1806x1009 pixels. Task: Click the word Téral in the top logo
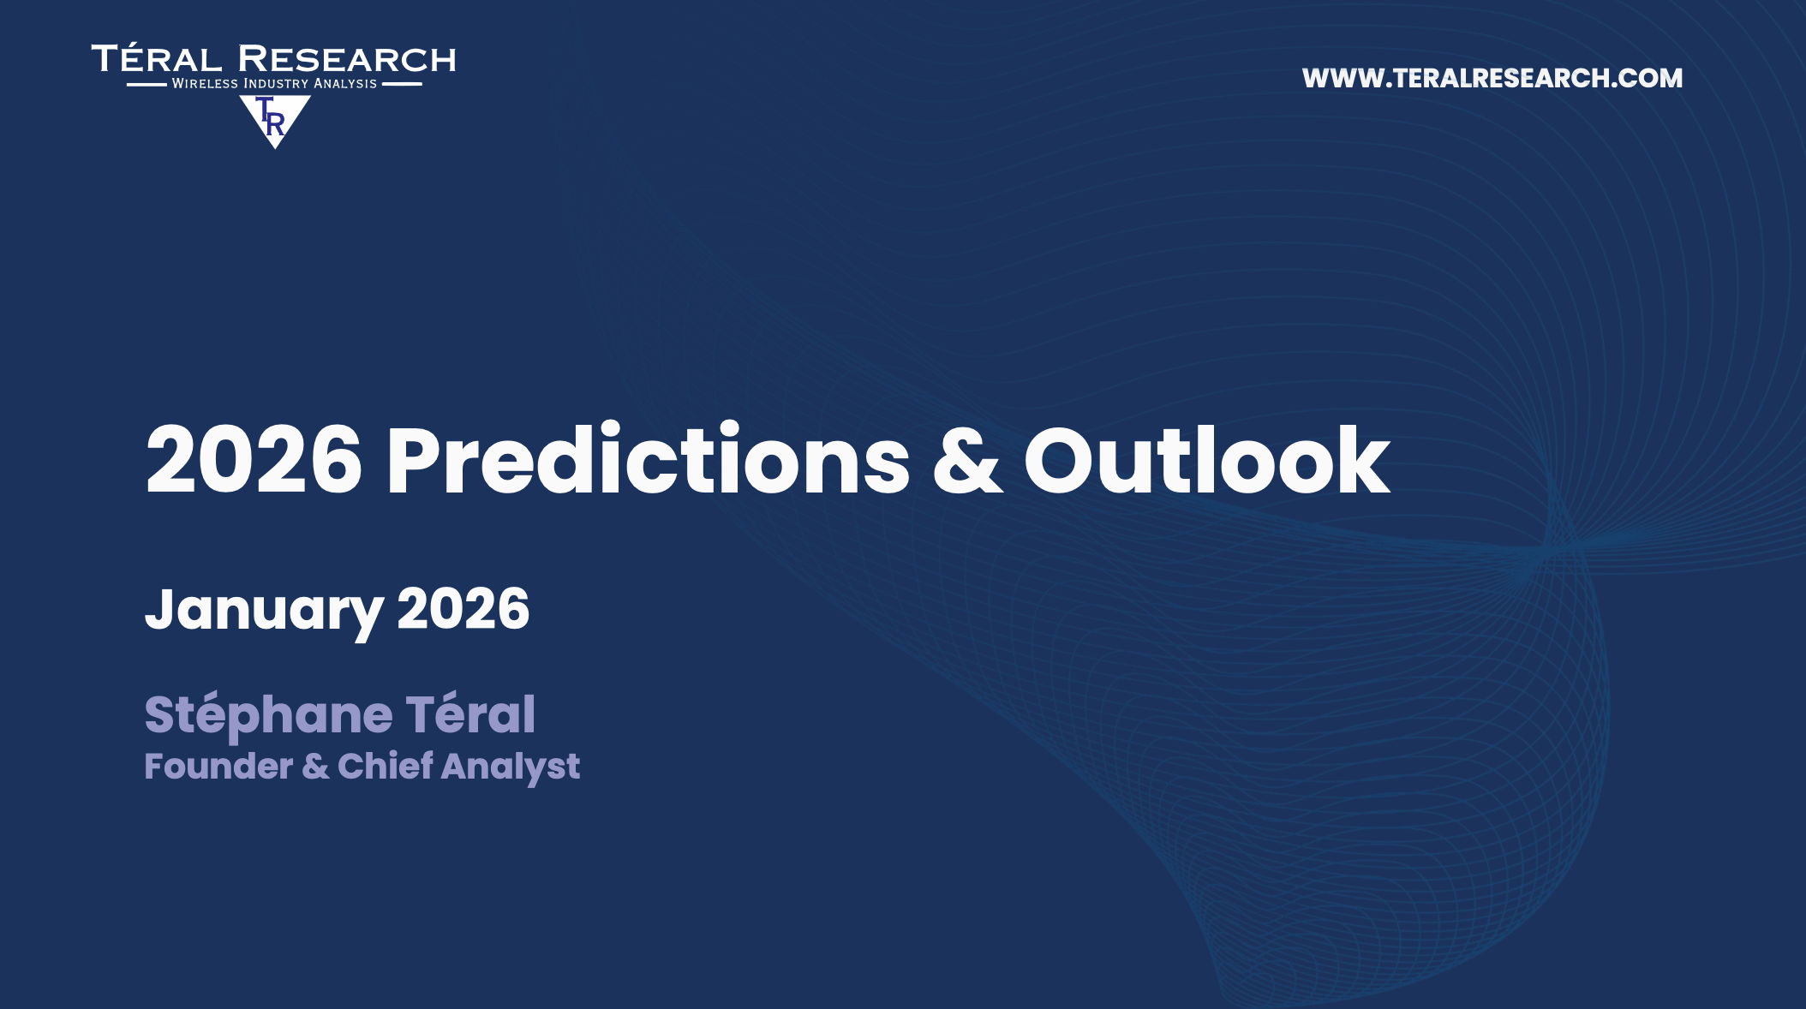(x=157, y=58)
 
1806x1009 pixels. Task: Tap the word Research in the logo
(x=347, y=59)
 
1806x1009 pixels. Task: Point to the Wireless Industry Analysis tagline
(x=274, y=84)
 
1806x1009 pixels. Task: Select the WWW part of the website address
(x=1343, y=78)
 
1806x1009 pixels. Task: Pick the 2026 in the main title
(x=254, y=461)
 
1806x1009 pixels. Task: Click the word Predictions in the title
(x=648, y=460)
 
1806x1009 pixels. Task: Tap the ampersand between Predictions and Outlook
(x=967, y=461)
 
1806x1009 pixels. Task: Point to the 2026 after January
(x=463, y=609)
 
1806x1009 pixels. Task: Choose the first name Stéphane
(x=268, y=715)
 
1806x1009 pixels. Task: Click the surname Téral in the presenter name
(x=470, y=713)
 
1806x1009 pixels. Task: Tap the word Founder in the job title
(x=218, y=766)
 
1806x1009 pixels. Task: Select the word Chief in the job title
(x=386, y=765)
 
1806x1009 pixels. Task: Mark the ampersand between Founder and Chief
(x=315, y=767)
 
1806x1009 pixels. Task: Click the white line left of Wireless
(x=147, y=84)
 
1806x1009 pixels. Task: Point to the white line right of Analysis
(x=402, y=84)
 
